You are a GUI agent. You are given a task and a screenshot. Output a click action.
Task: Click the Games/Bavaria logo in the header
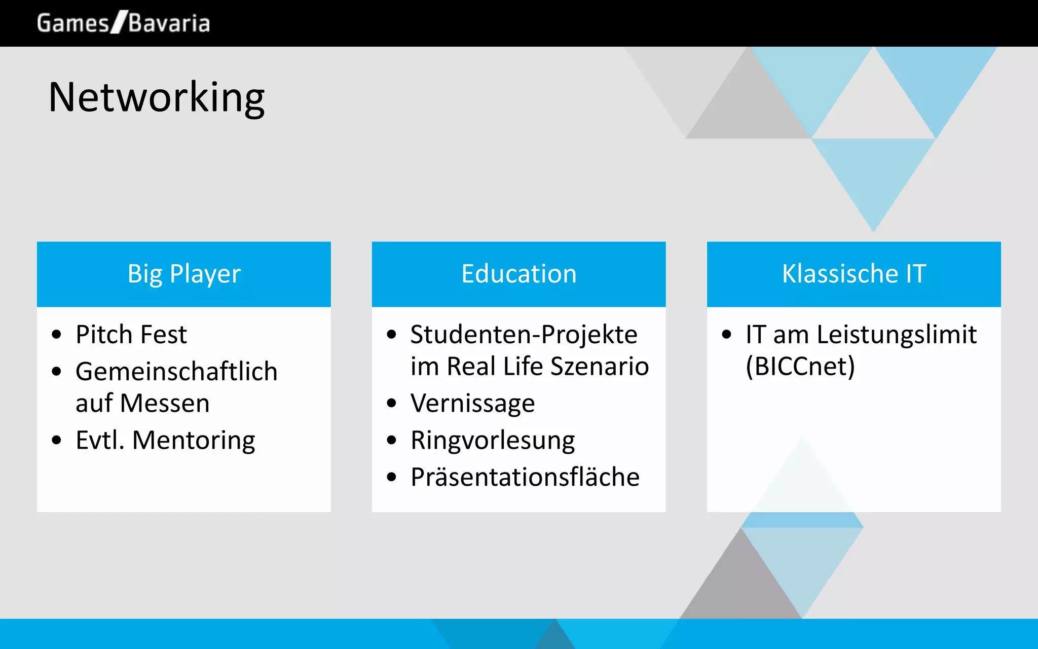point(123,23)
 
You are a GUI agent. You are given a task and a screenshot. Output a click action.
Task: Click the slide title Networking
point(156,97)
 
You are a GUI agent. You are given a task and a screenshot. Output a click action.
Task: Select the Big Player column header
point(183,274)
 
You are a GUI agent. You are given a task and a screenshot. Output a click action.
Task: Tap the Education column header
point(518,274)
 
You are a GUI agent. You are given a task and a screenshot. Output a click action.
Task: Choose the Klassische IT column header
point(854,274)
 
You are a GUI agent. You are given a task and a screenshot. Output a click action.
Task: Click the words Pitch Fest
point(131,335)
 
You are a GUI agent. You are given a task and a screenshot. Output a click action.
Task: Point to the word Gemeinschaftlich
point(176,372)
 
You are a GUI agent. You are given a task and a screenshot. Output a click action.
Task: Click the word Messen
point(165,404)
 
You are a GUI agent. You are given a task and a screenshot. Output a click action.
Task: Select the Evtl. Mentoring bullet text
point(165,440)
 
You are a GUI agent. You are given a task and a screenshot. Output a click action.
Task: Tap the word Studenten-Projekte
point(524,335)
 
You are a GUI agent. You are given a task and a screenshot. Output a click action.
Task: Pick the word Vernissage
point(472,404)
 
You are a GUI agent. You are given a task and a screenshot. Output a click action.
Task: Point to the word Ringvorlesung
point(493,440)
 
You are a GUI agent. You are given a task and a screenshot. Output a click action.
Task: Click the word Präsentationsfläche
point(525,477)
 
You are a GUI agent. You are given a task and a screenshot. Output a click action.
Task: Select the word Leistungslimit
point(897,335)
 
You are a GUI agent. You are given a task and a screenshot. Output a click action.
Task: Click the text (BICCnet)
point(800,367)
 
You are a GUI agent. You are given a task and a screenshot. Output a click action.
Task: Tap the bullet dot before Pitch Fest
point(56,335)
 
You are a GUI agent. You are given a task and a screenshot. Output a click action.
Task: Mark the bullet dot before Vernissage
point(391,404)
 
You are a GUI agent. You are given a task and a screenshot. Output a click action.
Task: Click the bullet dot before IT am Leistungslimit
point(726,335)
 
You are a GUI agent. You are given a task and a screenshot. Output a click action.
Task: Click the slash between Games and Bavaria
point(119,23)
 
